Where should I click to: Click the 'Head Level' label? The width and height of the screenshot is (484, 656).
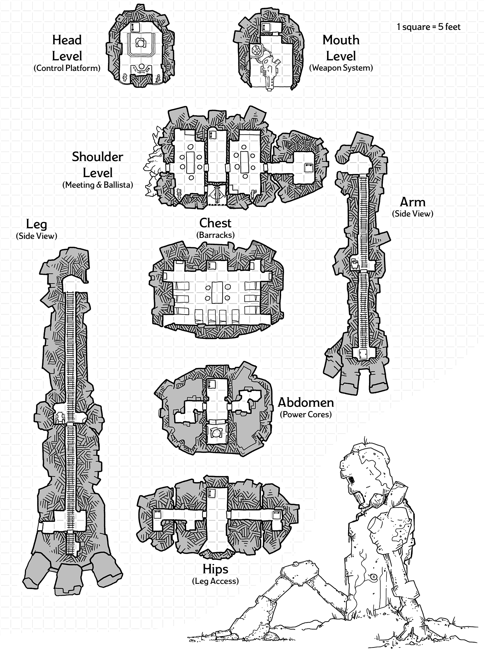tap(67, 48)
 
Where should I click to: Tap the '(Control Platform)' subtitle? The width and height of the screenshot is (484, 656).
tap(67, 68)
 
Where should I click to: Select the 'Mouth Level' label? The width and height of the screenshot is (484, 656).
tap(341, 48)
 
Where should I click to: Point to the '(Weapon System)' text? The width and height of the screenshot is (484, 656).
tap(341, 68)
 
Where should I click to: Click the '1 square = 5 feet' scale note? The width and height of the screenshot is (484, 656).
tap(429, 27)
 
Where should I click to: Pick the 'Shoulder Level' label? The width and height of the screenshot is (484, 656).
tap(98, 165)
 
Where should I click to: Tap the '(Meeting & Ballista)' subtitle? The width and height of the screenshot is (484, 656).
tap(98, 185)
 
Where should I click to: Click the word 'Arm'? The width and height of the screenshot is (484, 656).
tap(412, 202)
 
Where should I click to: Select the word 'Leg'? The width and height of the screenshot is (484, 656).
tap(36, 224)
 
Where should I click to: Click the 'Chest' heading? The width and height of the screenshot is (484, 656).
tap(215, 223)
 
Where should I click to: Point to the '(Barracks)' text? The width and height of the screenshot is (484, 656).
tap(215, 235)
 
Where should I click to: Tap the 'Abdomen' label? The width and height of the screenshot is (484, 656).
tap(306, 402)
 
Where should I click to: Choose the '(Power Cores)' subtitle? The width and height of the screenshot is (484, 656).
tap(306, 414)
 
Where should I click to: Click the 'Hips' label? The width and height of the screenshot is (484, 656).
tap(215, 569)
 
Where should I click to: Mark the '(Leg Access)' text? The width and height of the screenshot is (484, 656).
tap(215, 581)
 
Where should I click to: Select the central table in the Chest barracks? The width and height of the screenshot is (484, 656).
tap(217, 292)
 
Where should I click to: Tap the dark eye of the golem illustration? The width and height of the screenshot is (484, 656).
tap(352, 480)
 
